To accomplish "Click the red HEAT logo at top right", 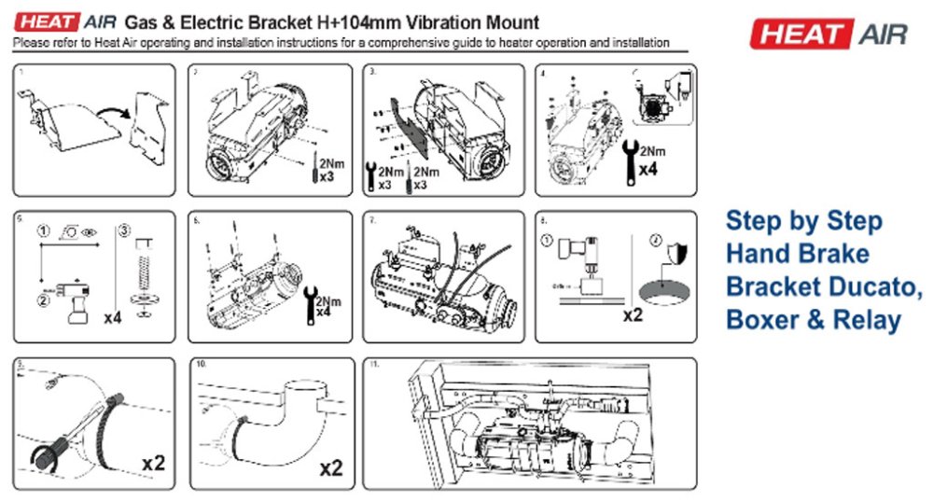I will click(800, 35).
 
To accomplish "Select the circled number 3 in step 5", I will click(124, 231).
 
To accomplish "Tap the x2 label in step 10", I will click(331, 465).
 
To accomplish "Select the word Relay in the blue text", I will click(865, 319).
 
